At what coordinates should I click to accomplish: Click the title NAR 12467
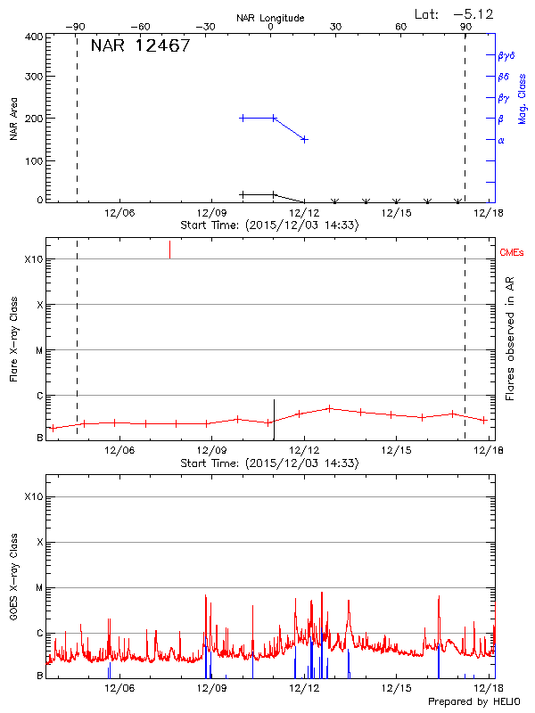coord(140,46)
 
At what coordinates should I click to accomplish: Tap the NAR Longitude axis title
coord(270,18)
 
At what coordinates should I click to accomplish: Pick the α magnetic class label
coord(501,140)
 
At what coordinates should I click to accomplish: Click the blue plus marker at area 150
coord(304,139)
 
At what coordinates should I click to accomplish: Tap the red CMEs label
coord(512,254)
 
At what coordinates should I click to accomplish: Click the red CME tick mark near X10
coord(169,250)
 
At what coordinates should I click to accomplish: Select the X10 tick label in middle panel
coord(34,259)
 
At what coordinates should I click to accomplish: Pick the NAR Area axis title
coord(13,119)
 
